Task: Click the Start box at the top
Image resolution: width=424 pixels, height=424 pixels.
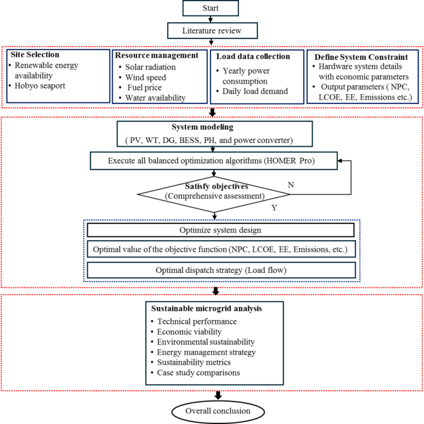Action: click(212, 8)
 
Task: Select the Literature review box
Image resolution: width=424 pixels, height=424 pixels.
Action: click(212, 31)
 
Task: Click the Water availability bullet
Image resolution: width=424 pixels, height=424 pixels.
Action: click(155, 98)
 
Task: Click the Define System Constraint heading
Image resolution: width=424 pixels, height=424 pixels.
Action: click(361, 56)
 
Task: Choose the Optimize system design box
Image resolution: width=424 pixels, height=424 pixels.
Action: click(221, 230)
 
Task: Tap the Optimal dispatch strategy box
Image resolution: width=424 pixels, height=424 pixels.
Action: click(221, 270)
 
